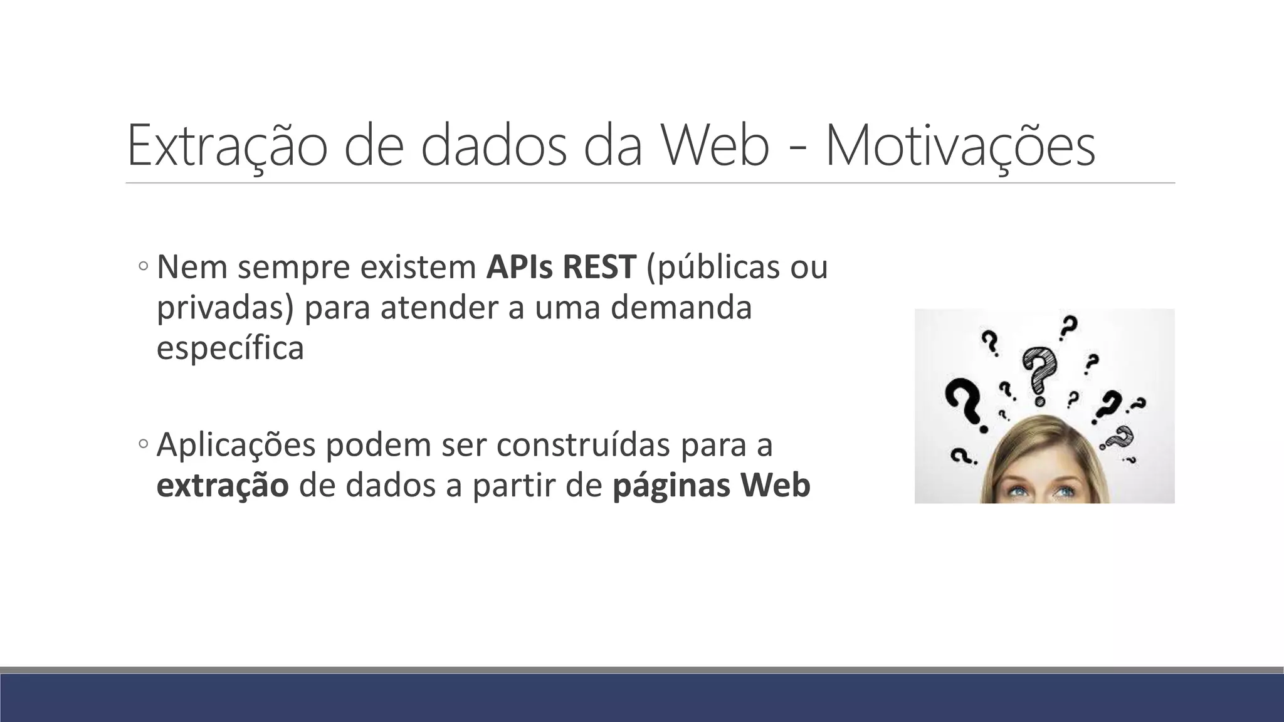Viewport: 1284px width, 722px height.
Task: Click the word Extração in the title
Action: coord(226,145)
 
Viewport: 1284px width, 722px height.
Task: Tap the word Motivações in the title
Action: coord(960,145)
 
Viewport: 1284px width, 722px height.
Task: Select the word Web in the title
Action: coord(715,145)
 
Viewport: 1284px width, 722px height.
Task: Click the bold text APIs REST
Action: coord(561,267)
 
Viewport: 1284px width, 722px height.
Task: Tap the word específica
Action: coord(230,348)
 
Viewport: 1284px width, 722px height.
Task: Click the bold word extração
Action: coord(223,486)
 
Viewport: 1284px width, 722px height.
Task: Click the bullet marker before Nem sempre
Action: coord(143,266)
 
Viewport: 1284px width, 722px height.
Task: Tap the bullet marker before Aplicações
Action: coord(143,444)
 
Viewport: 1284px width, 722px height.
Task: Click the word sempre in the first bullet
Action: coord(292,268)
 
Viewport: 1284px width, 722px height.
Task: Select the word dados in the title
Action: coord(493,145)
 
